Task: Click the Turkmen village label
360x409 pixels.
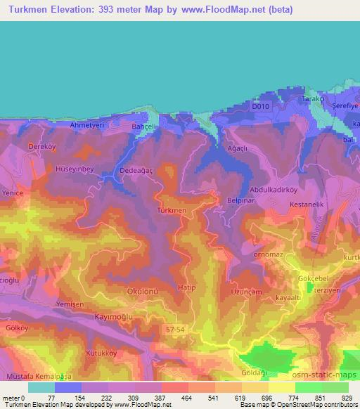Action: (172, 210)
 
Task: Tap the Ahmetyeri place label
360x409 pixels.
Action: (87, 124)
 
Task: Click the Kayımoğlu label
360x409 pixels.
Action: (114, 317)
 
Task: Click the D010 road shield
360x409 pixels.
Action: (261, 107)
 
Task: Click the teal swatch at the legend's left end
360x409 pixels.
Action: (41, 387)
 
